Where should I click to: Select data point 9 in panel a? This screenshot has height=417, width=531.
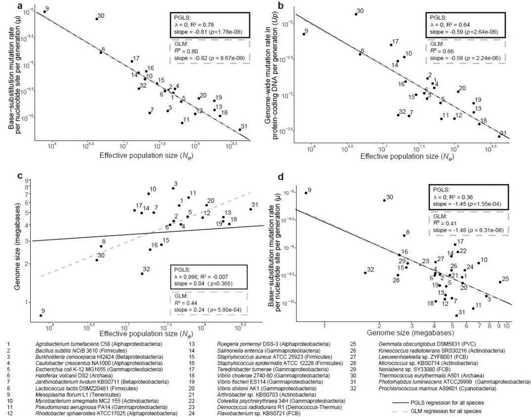[44, 12]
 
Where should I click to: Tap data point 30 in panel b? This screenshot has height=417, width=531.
[355, 14]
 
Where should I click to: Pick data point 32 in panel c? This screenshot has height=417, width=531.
[142, 274]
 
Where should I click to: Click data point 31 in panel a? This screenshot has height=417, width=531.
[240, 130]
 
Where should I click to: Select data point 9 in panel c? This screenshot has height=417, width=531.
[41, 315]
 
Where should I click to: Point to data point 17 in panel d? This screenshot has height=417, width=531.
[454, 244]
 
